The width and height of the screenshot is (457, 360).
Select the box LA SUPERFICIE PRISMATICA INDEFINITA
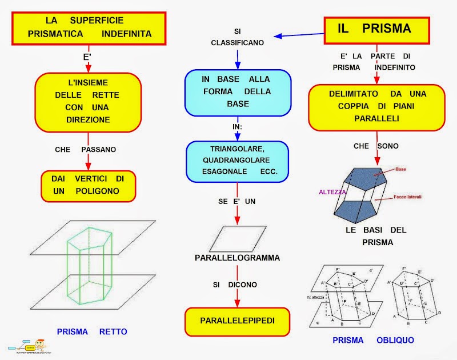(x=89, y=28)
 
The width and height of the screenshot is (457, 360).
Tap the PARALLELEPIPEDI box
(x=237, y=321)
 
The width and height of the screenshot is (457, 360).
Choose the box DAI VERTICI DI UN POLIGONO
(x=88, y=185)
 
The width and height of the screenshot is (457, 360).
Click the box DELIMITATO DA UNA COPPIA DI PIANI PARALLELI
(x=376, y=107)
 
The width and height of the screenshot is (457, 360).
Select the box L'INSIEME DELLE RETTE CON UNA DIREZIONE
(x=88, y=99)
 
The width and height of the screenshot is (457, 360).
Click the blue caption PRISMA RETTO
(x=92, y=331)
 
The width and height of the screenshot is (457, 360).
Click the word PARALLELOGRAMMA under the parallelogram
(x=237, y=258)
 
